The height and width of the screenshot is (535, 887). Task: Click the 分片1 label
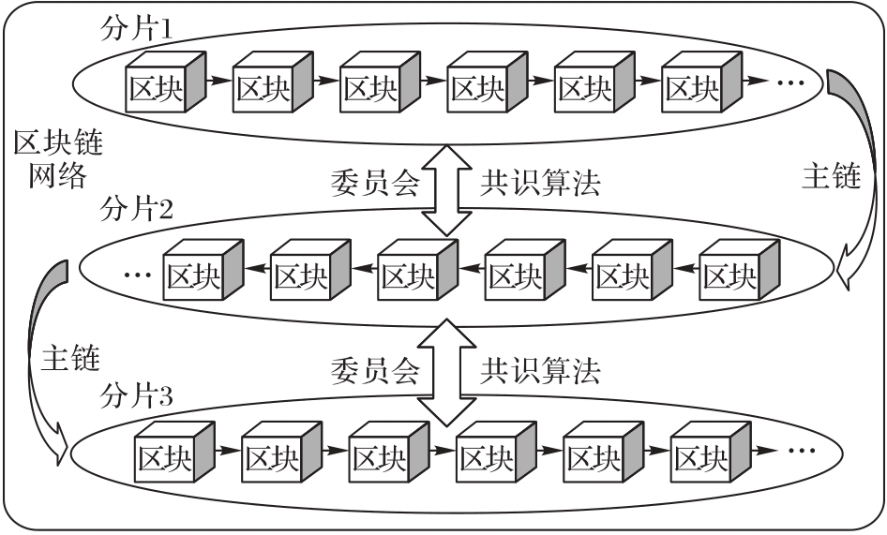(x=136, y=27)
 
